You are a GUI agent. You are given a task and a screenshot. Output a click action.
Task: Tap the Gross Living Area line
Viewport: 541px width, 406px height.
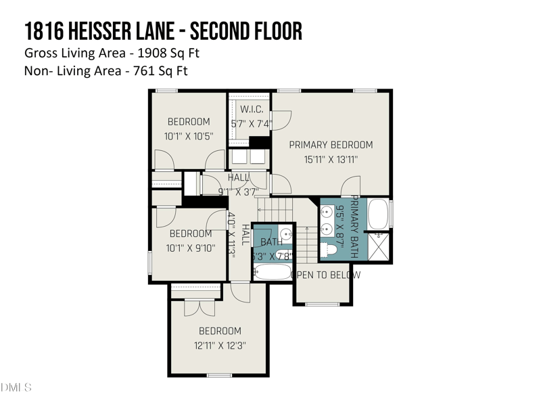click(112, 53)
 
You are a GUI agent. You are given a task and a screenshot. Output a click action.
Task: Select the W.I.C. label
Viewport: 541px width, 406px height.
click(251, 110)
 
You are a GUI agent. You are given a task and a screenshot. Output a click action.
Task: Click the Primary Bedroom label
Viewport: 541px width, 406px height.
click(331, 145)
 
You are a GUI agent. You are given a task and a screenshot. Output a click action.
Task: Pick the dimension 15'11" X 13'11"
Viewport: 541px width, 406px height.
click(331, 160)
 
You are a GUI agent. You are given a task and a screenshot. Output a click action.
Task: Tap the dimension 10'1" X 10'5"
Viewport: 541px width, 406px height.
click(189, 136)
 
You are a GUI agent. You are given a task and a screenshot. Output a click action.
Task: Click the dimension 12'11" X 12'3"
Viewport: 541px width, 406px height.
click(219, 345)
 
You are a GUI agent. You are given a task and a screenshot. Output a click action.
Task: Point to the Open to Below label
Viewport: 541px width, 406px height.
click(325, 275)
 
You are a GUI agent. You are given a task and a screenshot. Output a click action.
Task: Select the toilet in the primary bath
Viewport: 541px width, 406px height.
click(329, 250)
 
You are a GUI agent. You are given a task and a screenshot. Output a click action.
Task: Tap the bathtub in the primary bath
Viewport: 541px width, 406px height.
click(378, 215)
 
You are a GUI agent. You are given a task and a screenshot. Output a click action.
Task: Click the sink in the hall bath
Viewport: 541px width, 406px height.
click(285, 234)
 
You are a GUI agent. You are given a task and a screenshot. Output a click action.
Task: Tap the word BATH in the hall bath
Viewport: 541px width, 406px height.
click(271, 242)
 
